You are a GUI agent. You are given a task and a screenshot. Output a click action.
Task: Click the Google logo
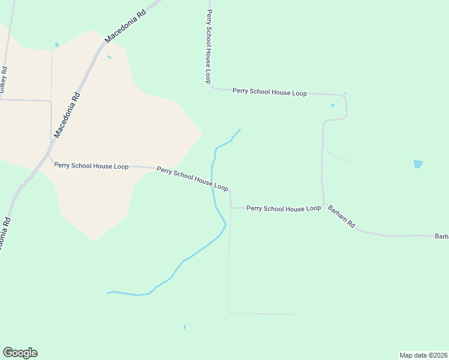point(20,353)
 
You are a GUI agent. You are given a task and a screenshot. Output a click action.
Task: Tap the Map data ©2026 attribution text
point(423,355)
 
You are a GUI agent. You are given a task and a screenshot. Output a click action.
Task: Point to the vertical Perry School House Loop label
point(208,46)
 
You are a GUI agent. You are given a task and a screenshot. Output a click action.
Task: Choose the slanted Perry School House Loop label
point(193,179)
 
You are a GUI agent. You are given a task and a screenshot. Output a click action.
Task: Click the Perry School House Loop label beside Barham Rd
point(283,208)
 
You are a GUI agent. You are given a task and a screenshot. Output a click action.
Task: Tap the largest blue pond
point(418,164)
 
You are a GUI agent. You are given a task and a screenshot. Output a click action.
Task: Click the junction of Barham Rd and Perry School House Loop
point(324,205)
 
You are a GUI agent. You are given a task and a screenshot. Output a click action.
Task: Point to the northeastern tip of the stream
point(240,130)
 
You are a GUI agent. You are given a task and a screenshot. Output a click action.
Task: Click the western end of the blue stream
point(108,293)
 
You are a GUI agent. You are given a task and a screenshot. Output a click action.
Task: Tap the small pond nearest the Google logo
point(184,327)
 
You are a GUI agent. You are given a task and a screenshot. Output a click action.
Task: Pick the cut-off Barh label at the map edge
point(442,236)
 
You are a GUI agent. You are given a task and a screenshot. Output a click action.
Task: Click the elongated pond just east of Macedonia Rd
point(109,57)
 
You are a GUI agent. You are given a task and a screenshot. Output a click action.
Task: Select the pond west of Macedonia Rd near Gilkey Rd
point(57,44)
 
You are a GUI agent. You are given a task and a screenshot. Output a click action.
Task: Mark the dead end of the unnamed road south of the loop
point(295,314)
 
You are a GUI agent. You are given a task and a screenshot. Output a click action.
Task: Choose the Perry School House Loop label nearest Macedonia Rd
point(91,166)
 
